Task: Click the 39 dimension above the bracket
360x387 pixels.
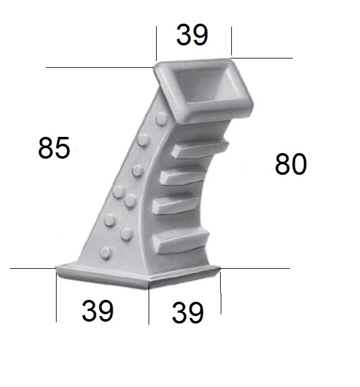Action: tap(192, 35)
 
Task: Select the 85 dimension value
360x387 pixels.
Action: tap(54, 149)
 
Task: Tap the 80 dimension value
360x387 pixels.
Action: tap(290, 165)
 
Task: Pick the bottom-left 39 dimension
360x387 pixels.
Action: tap(98, 310)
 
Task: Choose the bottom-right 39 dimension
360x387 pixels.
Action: tap(188, 313)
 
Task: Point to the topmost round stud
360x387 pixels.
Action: tap(160, 118)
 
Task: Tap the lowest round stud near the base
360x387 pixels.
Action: tap(106, 252)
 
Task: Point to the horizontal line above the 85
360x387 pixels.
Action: tap(99, 67)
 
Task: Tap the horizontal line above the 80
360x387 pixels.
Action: tap(261, 58)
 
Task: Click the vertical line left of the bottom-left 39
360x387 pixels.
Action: tap(56, 299)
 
